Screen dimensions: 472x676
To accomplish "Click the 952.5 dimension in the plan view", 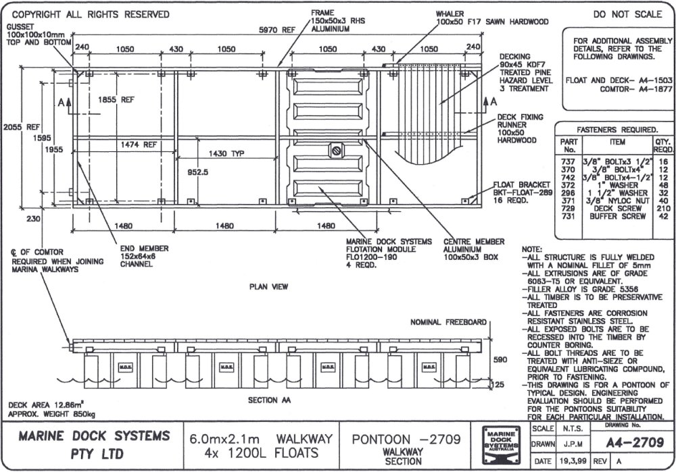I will (197, 172).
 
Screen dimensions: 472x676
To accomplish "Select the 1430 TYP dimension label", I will (226, 153).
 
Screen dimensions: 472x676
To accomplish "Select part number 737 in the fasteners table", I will (569, 162).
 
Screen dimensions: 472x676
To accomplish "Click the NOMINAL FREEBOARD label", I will (448, 323).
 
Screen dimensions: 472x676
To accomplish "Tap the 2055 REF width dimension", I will (14, 126).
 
